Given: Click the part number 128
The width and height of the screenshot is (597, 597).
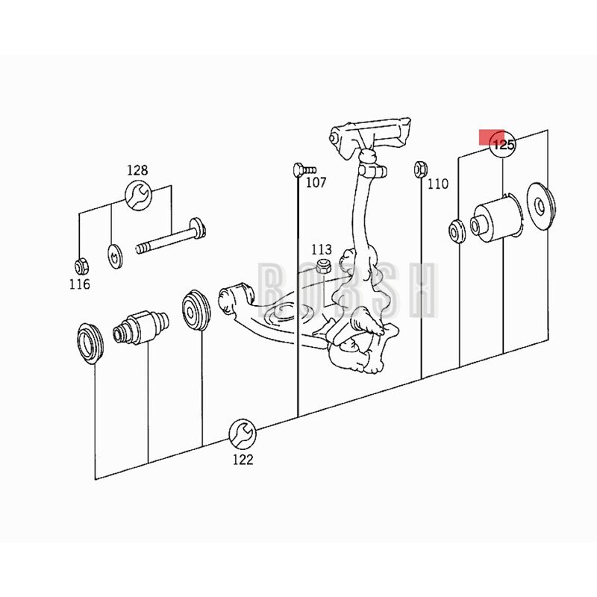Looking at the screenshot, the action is (x=137, y=170).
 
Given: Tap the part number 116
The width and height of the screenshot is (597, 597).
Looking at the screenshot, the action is (x=80, y=284).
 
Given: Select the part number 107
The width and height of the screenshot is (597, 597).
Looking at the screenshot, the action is (x=316, y=183).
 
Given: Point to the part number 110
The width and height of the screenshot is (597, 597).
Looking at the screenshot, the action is (x=438, y=184).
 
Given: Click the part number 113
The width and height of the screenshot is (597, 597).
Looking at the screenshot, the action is (x=322, y=250).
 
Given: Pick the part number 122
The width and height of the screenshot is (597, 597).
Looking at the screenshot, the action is (x=243, y=460).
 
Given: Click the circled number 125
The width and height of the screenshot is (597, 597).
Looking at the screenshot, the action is (x=503, y=145).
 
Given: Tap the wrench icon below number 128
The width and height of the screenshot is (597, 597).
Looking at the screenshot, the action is (x=139, y=196).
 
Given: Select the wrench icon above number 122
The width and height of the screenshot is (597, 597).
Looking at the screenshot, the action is (x=243, y=434).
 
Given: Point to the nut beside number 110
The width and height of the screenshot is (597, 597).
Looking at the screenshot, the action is (x=420, y=169).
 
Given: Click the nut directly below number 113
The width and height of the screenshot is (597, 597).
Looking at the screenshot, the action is (x=324, y=266).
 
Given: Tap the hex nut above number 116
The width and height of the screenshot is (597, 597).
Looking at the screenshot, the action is (x=81, y=266).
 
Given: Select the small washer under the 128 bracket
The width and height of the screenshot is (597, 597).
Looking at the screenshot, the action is (x=114, y=256).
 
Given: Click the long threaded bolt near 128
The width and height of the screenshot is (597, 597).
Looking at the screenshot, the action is (x=171, y=237).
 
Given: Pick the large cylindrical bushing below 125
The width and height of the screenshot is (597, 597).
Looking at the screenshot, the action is (x=497, y=219).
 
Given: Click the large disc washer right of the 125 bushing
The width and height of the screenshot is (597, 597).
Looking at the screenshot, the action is (x=540, y=206).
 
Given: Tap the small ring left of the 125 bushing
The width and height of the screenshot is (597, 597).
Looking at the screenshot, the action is (x=457, y=231).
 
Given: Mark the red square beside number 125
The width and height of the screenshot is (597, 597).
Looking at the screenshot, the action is (x=491, y=137).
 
